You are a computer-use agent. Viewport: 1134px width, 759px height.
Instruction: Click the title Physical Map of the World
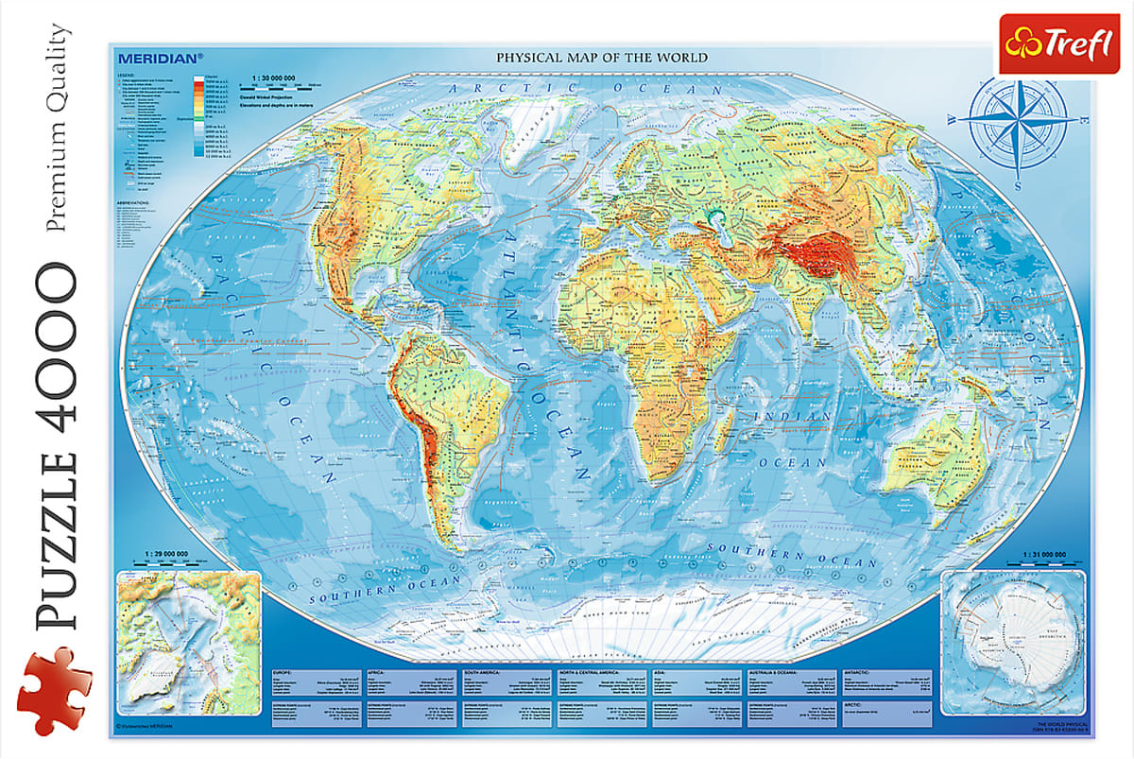602,58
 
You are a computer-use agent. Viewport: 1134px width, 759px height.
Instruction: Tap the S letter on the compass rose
1018,186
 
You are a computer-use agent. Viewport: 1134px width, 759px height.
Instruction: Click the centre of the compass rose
1018,122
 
